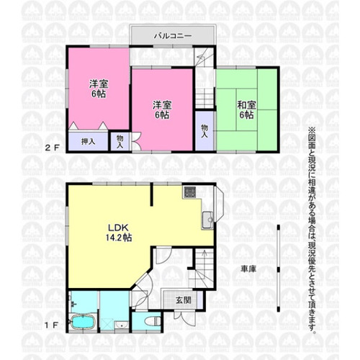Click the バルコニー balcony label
[173, 36]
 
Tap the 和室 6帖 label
[246, 110]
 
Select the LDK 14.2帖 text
[119, 233]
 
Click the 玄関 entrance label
[184, 300]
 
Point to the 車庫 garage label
[248, 269]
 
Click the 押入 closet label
[88, 142]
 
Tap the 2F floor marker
[52, 148]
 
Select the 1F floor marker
[52, 325]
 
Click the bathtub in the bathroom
[83, 322]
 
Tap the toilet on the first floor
[153, 321]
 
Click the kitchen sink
[207, 220]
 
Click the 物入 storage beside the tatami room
[204, 131]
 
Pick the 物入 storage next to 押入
[120, 142]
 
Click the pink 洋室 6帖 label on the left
[99, 89]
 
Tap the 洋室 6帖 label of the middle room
[162, 110]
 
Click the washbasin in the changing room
[122, 325]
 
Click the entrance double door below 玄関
[185, 318]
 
